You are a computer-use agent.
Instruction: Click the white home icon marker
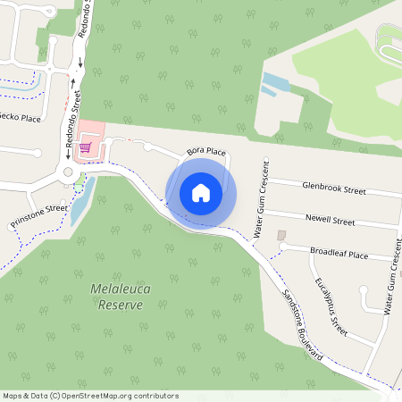pos(201,192)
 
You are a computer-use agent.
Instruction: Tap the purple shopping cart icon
pos(86,147)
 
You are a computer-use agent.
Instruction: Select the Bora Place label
pos(205,152)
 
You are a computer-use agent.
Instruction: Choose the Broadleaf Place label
pos(339,255)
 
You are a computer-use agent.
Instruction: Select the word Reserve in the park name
pos(121,305)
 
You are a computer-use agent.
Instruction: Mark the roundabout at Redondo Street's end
pos(66,172)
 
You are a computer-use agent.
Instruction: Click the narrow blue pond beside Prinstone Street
pos(78,203)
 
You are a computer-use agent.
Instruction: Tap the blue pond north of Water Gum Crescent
pos(274,85)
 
